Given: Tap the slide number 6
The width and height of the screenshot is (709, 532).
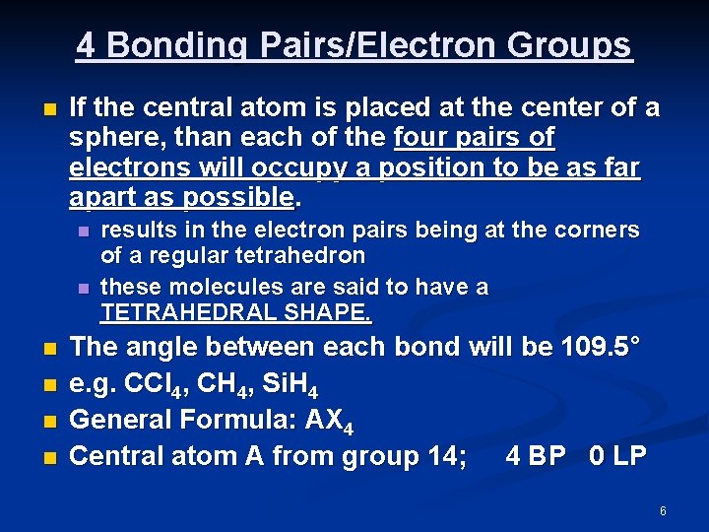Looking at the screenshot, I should (663, 511).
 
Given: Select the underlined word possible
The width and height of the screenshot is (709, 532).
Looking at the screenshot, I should (238, 197).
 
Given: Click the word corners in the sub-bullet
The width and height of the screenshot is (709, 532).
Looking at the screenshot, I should (601, 231).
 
